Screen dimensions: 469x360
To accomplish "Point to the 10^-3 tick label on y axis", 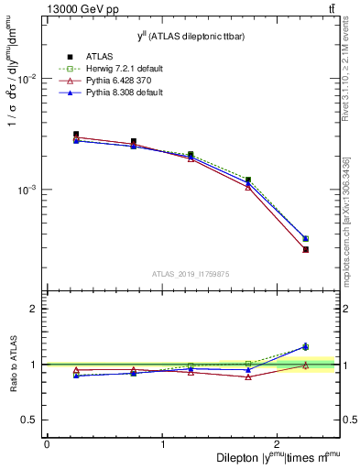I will [28, 190].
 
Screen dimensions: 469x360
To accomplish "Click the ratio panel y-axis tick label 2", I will [35, 309].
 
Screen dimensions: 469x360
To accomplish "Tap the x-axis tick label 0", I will [47, 443].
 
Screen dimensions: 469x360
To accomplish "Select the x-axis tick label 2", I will [280, 443].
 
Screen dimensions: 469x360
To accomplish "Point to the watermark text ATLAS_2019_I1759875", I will [191, 273].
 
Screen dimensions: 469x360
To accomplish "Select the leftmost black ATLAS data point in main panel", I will [76, 134].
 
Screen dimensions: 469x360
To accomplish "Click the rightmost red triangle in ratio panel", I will [305, 365].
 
